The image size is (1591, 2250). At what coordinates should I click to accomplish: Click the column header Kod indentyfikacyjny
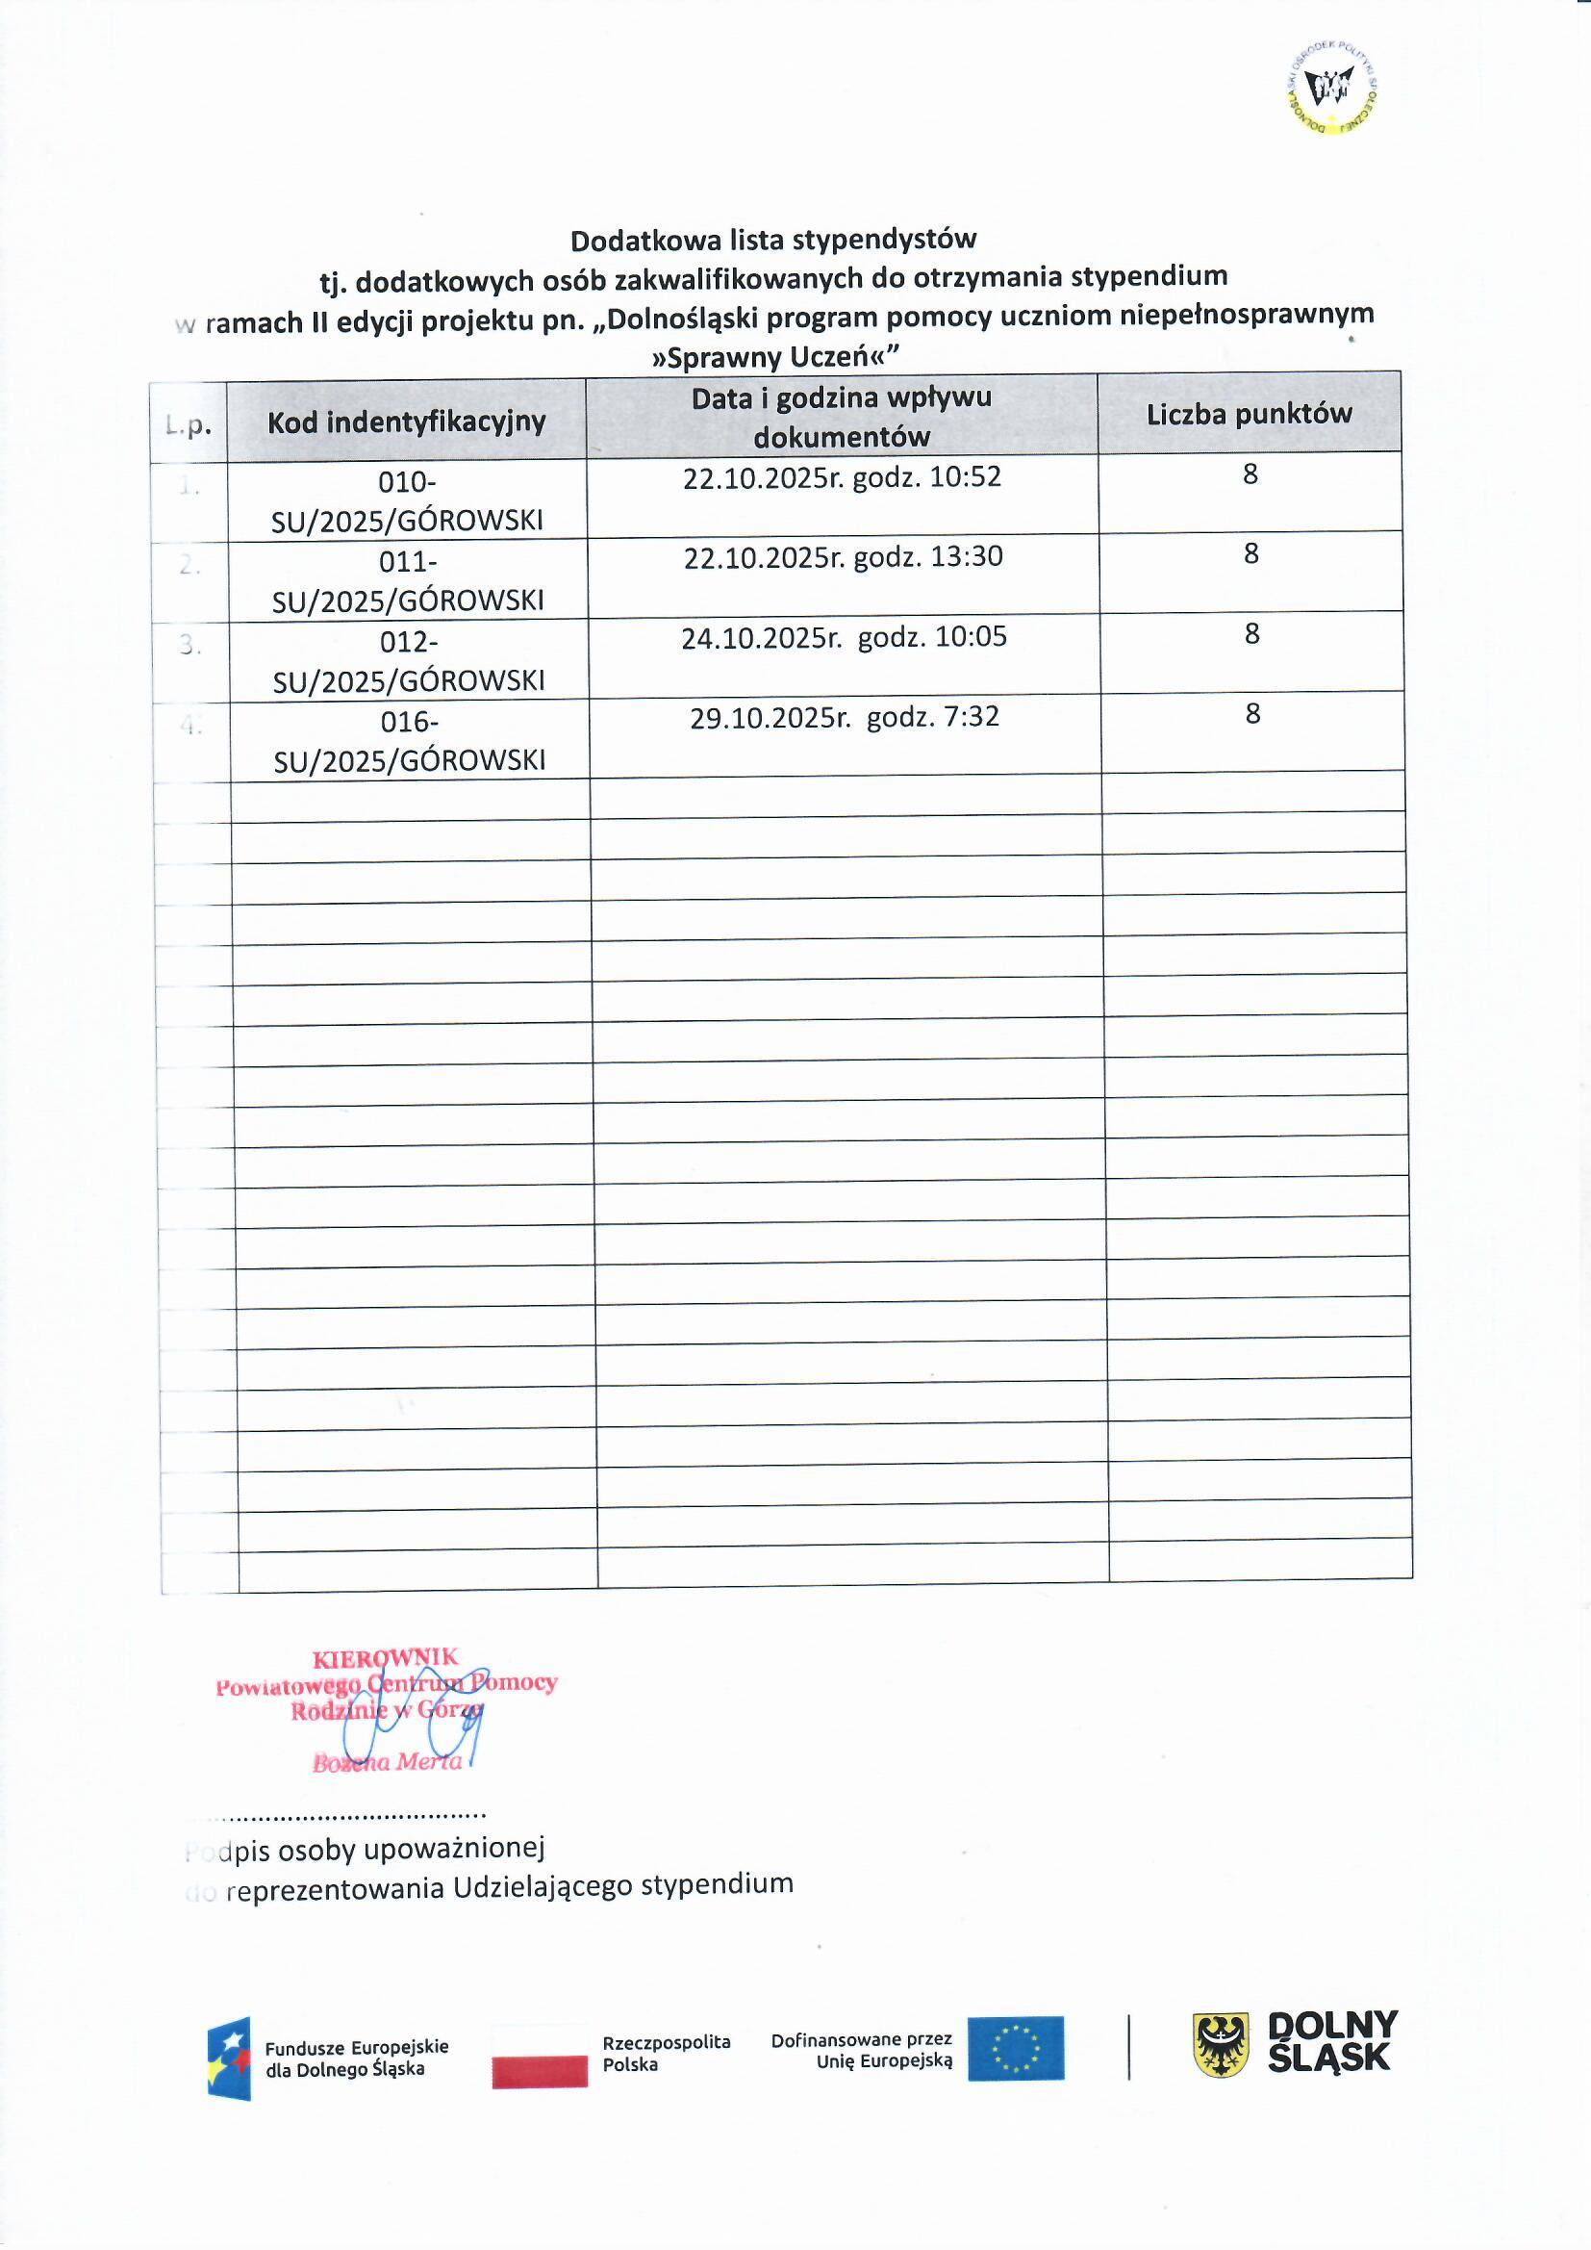click(407, 422)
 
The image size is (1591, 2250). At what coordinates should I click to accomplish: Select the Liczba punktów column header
click(1250, 414)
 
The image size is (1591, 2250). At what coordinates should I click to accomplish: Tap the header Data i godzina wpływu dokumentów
click(842, 417)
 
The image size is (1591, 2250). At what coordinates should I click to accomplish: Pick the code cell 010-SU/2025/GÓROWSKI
click(408, 500)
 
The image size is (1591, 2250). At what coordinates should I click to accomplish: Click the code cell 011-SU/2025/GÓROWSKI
click(409, 580)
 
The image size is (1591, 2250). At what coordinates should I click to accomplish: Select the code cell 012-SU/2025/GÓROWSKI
click(410, 660)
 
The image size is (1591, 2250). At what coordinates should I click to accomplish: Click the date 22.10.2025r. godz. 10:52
click(843, 477)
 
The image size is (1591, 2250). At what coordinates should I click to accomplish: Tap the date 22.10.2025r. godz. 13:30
click(844, 556)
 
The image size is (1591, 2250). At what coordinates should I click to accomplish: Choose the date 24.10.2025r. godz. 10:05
click(845, 637)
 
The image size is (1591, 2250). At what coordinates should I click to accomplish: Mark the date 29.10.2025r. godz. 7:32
click(845, 716)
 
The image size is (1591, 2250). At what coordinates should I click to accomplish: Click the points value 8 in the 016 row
click(1252, 713)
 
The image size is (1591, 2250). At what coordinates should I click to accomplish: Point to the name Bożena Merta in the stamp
click(387, 1762)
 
